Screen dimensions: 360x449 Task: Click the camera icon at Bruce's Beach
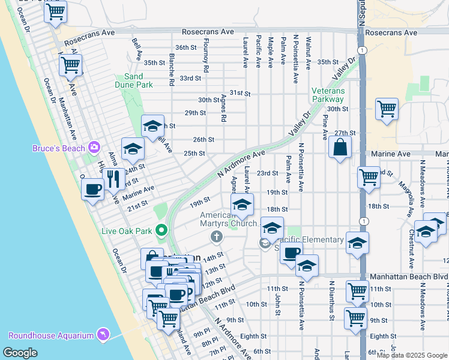94,147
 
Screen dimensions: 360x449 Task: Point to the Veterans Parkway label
328,95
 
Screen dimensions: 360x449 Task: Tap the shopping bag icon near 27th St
340,147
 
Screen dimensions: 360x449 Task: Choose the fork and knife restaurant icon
113,178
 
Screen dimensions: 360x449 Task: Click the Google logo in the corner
21,353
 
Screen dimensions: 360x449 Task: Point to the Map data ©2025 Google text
411,355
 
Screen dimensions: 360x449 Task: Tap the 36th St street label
186,47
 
